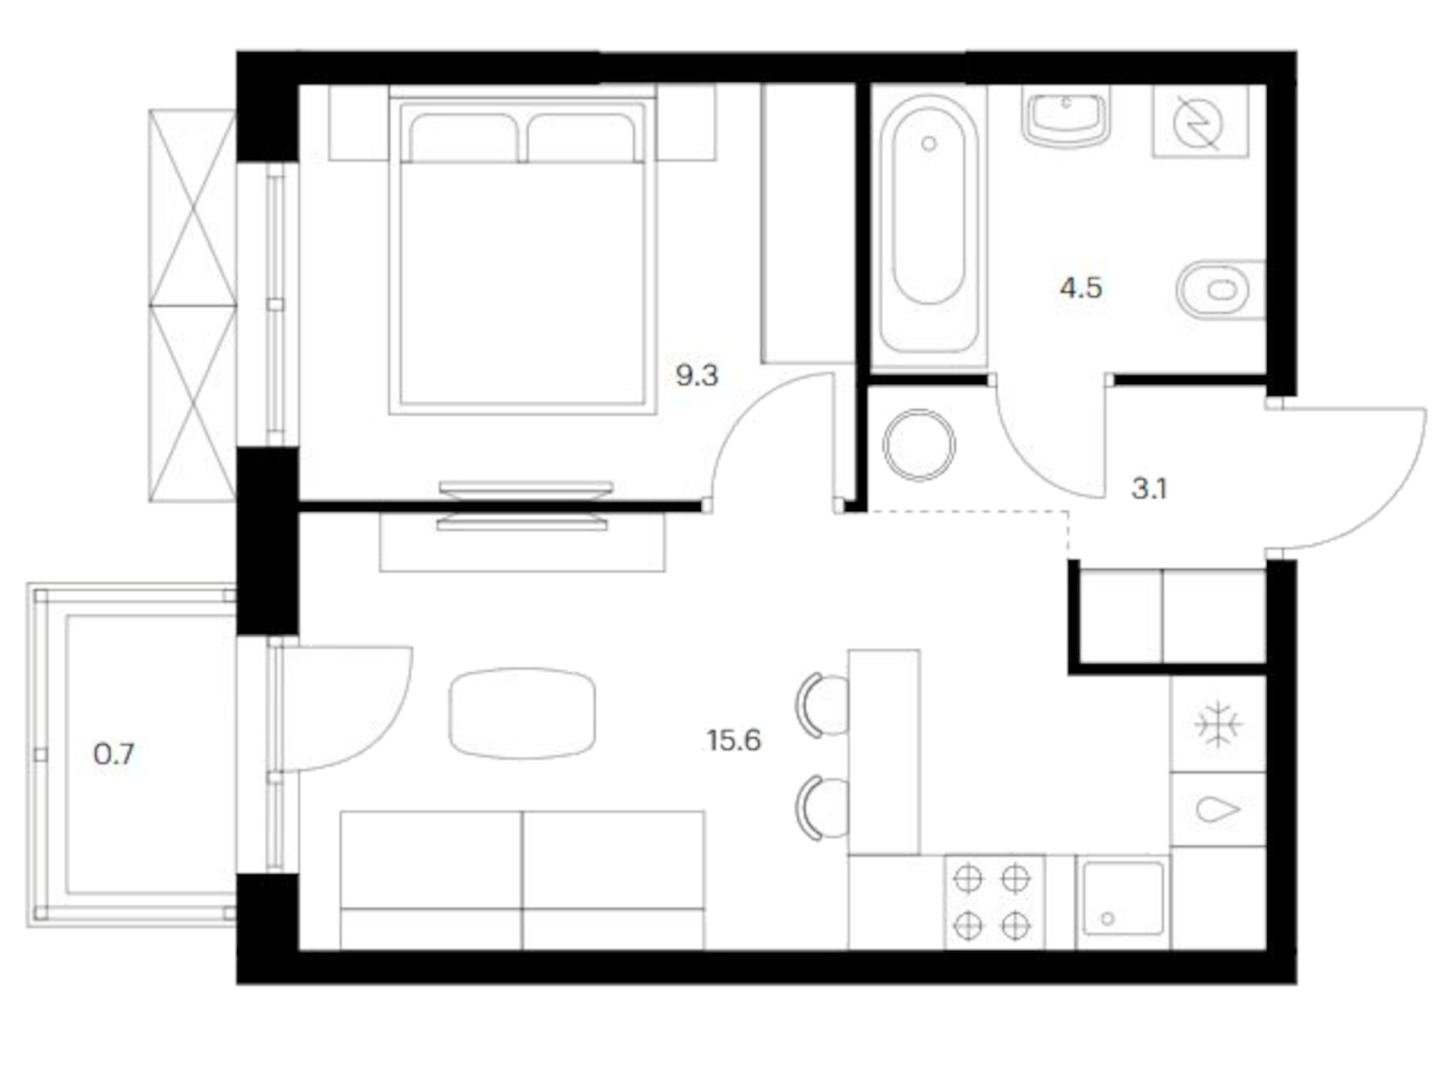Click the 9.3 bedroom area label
(x=696, y=375)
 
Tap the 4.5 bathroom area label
(x=1080, y=288)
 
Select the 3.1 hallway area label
(x=1149, y=488)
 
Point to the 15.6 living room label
(x=734, y=741)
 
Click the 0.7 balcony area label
(x=114, y=754)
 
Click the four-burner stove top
(x=992, y=902)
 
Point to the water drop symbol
(x=1217, y=809)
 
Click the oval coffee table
(x=522, y=712)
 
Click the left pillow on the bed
(x=463, y=138)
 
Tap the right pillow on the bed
(x=582, y=138)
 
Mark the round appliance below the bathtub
(x=919, y=444)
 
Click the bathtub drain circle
(x=928, y=144)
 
